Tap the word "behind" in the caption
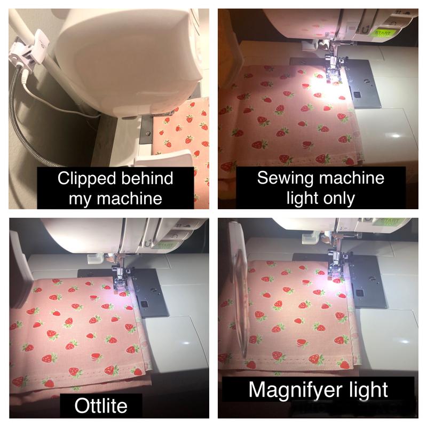[147, 178]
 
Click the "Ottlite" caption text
[101, 406]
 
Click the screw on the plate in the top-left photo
[148, 134]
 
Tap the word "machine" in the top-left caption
[129, 199]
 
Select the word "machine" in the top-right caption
[352, 178]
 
